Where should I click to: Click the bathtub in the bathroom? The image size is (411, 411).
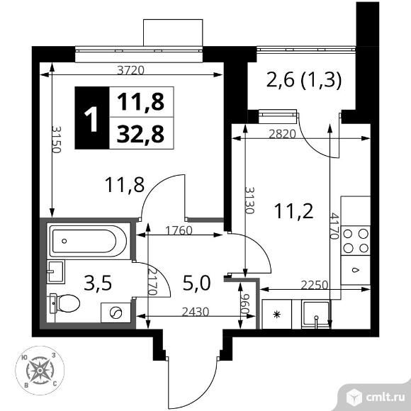[x=89, y=241]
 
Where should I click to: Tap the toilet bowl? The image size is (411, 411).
[x=64, y=303]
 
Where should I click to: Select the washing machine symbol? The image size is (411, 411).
[x=116, y=313]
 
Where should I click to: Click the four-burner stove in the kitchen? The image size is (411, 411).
[x=356, y=241]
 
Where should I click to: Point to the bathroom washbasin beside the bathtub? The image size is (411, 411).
[x=56, y=272]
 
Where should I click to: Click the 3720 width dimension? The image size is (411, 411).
[x=130, y=70]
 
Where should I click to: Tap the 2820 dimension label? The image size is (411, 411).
[x=283, y=134]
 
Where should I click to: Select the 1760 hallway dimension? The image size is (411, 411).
[x=179, y=230]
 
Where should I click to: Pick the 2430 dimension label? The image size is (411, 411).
[x=196, y=312]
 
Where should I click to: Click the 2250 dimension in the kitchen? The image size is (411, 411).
[x=315, y=285]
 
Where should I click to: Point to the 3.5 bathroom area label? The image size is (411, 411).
[x=98, y=283]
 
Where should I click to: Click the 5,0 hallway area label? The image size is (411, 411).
[x=196, y=283]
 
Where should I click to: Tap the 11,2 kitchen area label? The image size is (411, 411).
[x=293, y=211]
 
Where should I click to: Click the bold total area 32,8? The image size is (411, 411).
[x=140, y=134]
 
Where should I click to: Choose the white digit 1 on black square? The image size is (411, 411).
[x=91, y=118]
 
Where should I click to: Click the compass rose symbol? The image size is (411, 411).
[x=40, y=370]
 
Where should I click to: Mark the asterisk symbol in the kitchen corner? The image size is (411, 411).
[x=276, y=314]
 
